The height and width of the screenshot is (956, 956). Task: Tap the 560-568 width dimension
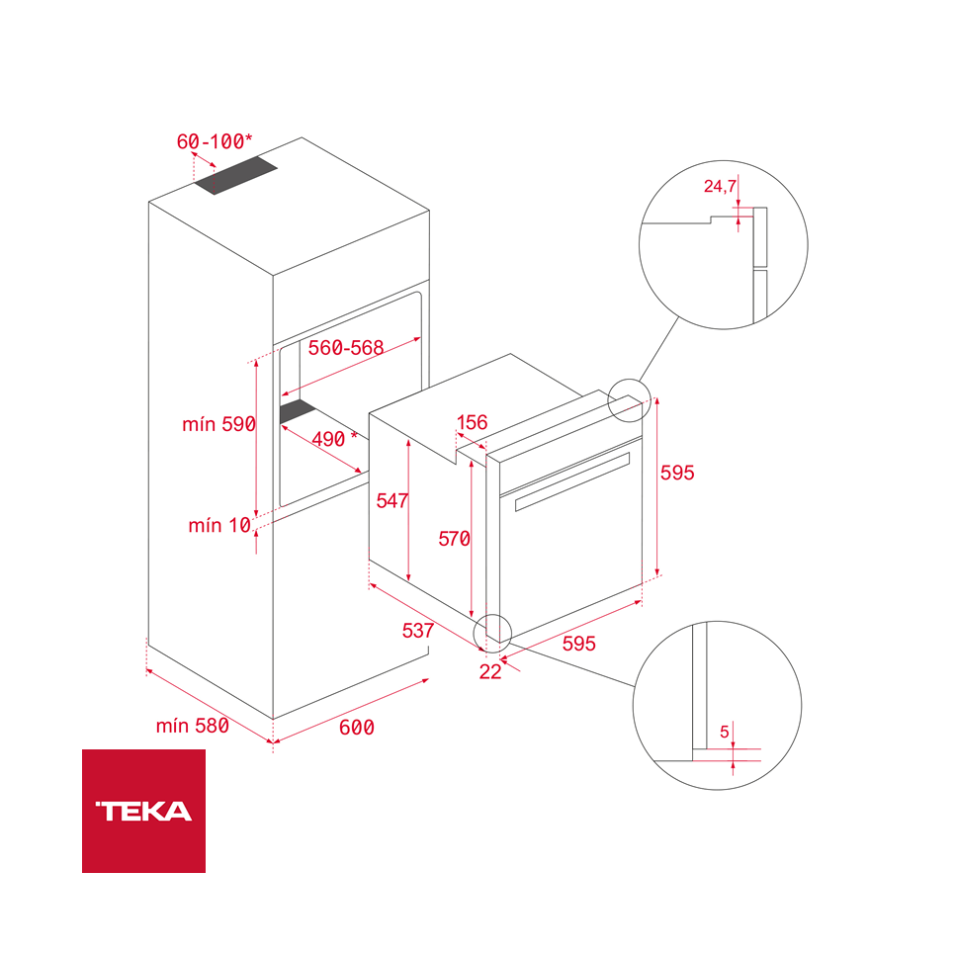(346, 348)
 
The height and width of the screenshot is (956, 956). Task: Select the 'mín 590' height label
(218, 424)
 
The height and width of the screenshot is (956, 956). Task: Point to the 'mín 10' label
(219, 525)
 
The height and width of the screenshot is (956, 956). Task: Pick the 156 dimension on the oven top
(472, 422)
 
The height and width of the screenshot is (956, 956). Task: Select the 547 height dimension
(392, 501)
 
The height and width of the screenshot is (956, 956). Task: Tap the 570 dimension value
(455, 539)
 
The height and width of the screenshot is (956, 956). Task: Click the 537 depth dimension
(418, 630)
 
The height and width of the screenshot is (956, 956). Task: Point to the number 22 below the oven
(490, 671)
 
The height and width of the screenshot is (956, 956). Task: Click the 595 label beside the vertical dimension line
(677, 474)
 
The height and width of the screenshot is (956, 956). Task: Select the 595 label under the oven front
(578, 644)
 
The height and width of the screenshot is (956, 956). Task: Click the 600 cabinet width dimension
(357, 728)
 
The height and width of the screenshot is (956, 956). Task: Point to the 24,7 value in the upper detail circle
(719, 186)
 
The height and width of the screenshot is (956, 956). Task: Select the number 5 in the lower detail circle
(725, 732)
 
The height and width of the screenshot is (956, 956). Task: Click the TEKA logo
(143, 811)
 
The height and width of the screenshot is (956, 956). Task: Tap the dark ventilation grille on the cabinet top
(236, 177)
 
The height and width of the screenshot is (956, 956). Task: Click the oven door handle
(572, 478)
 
